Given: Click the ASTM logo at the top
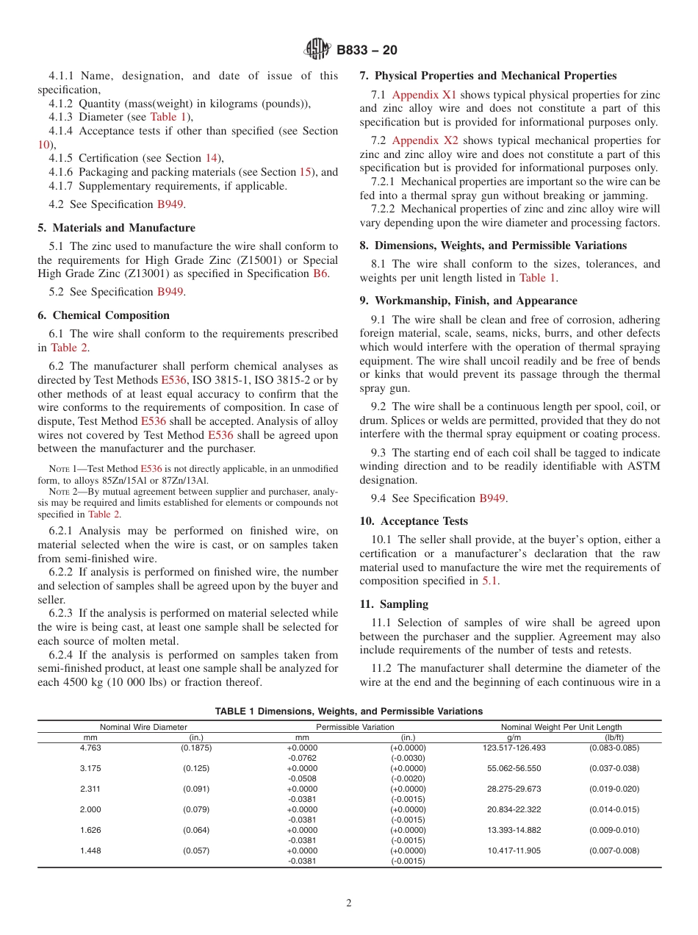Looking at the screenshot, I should pos(318,50).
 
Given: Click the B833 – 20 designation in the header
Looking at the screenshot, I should pos(367,51).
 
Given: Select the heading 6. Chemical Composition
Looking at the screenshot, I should pos(104,315).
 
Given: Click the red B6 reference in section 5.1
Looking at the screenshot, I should pos(321,273).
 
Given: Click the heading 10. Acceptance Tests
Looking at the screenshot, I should pos(414,521).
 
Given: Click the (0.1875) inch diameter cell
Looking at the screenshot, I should pos(196,748).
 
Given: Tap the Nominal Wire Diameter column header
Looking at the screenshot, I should pos(144,727).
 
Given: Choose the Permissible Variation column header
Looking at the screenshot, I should pos(355,727).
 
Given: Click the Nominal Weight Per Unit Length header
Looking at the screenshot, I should pos(561,727).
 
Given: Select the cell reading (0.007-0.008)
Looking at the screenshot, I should pos(614,850).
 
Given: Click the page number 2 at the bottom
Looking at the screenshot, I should pos(349,903).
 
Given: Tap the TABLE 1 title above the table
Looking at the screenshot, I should pos(348,711).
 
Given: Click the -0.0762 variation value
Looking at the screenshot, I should pos(302,758).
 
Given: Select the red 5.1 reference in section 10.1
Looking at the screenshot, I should pos(490,581).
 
